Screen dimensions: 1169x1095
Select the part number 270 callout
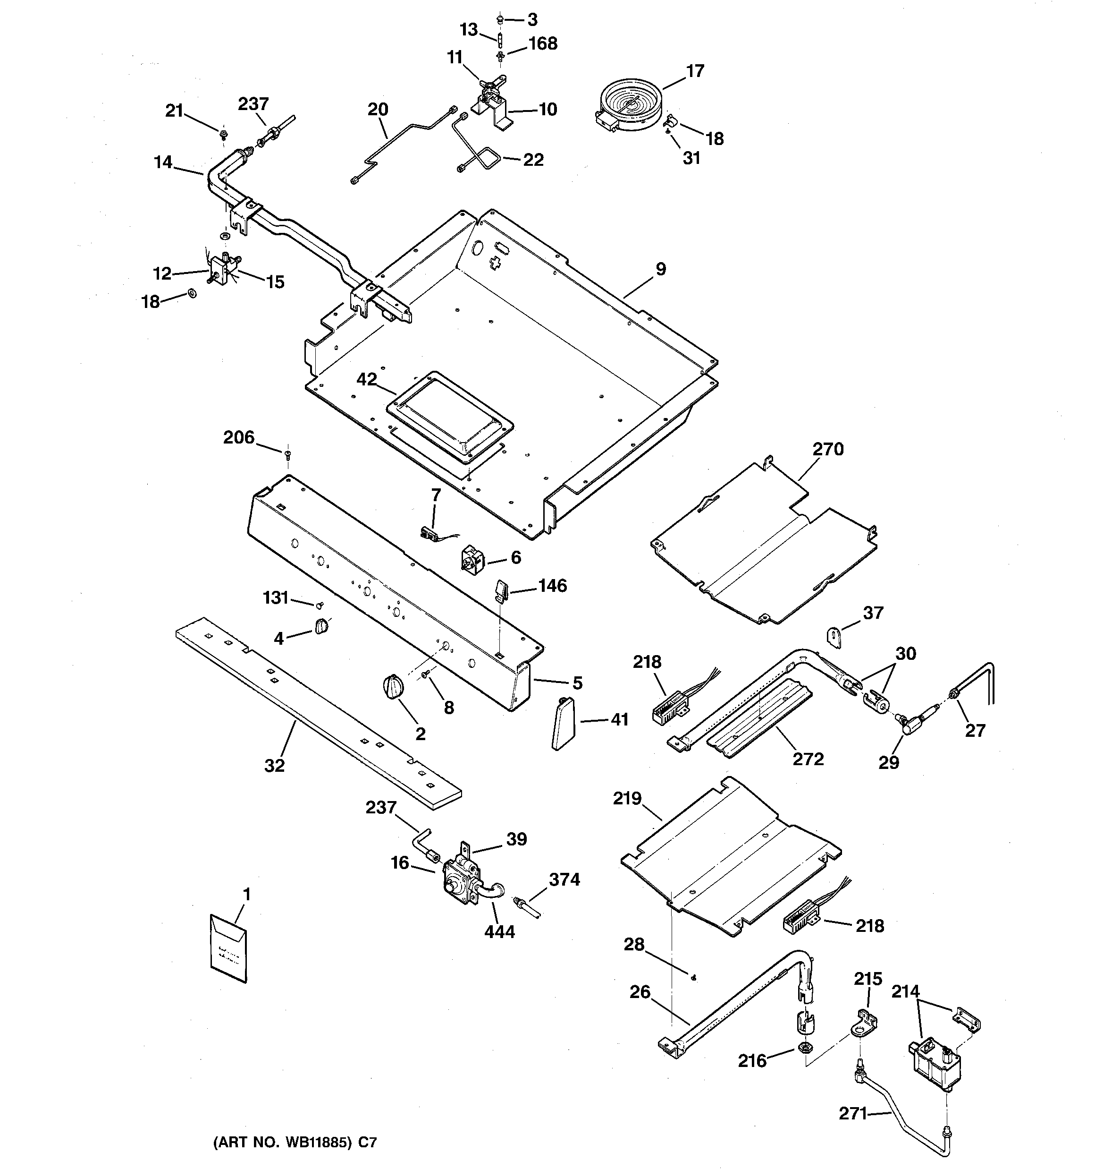click(827, 449)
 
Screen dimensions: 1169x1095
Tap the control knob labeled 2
click(393, 687)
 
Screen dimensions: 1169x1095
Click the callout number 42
click(367, 379)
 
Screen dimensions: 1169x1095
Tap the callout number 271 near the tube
click(852, 1113)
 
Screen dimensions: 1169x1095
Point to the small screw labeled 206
click(288, 454)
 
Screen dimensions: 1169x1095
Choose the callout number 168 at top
click(542, 43)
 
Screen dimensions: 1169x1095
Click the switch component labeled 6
click(474, 561)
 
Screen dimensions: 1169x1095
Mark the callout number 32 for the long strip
click(274, 766)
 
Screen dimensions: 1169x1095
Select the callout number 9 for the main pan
click(661, 269)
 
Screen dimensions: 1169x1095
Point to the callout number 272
click(808, 759)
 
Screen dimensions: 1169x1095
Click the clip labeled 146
click(500, 590)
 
